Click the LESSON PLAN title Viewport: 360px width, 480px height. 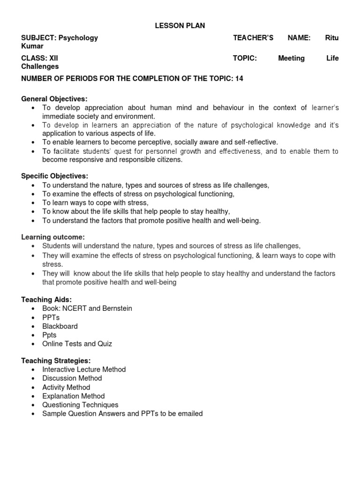point(180,26)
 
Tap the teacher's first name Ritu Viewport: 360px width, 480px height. point(331,38)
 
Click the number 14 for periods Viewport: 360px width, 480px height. point(239,79)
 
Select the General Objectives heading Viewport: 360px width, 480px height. point(54,99)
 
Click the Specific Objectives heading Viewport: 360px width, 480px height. point(55,176)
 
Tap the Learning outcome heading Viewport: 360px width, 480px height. point(53,237)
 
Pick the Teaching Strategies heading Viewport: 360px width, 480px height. point(56,360)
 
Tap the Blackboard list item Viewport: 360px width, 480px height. point(60,326)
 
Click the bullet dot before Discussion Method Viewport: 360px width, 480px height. point(32,378)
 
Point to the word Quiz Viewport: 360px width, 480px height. point(105,344)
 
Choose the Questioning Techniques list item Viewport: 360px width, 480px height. point(80,405)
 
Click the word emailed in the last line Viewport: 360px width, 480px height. point(190,413)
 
